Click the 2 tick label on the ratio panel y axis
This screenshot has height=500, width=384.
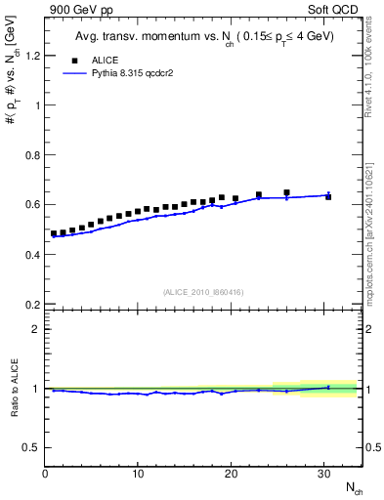pyautogui.click(x=36, y=328)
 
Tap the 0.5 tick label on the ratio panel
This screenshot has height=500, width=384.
pyautogui.click(x=32, y=447)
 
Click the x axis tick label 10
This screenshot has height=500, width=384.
pyautogui.click(x=138, y=474)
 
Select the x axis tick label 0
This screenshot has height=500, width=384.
pyautogui.click(x=45, y=474)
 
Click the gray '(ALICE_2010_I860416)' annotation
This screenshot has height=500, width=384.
pyautogui.click(x=202, y=292)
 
